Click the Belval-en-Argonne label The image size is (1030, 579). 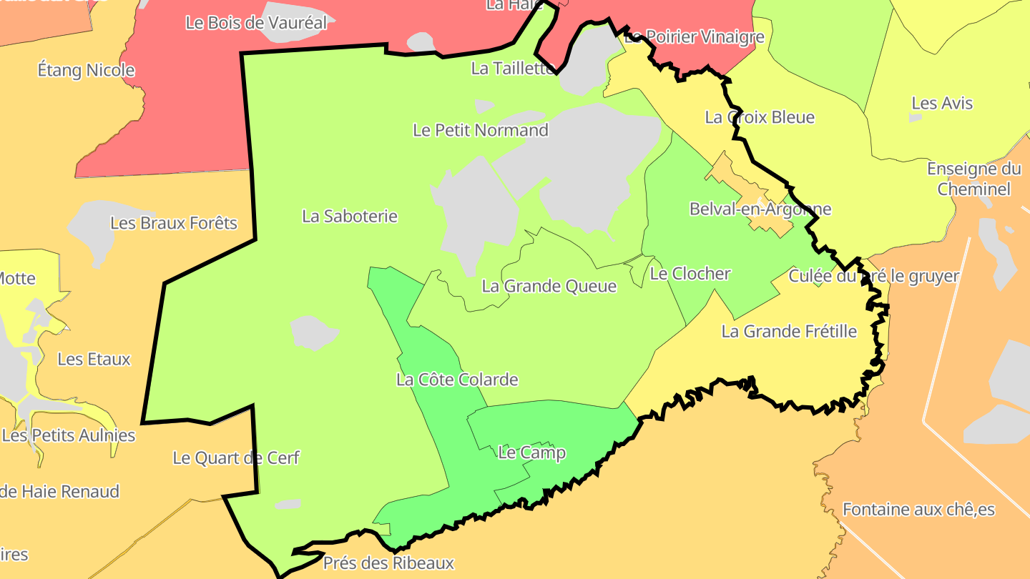click(x=760, y=209)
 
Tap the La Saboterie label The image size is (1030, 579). click(x=350, y=216)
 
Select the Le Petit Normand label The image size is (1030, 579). click(x=481, y=130)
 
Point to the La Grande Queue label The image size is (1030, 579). click(x=549, y=286)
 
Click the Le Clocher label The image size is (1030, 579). click(x=690, y=273)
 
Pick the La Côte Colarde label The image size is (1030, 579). click(x=457, y=380)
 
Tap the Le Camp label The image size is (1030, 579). click(x=531, y=452)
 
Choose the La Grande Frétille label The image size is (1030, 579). click(x=789, y=331)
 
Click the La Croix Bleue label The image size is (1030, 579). click(x=760, y=117)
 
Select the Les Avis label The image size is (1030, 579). click(x=942, y=103)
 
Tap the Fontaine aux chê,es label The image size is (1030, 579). click(x=918, y=510)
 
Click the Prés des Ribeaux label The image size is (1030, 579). click(x=388, y=563)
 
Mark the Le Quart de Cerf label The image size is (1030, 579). click(x=236, y=457)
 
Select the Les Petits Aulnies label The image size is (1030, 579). click(x=69, y=435)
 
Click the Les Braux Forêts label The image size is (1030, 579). click(x=174, y=223)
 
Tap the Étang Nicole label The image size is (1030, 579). click(x=86, y=70)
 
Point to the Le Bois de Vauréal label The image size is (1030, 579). click(x=256, y=22)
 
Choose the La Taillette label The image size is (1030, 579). click(x=513, y=69)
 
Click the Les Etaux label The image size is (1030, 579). click(x=94, y=359)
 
